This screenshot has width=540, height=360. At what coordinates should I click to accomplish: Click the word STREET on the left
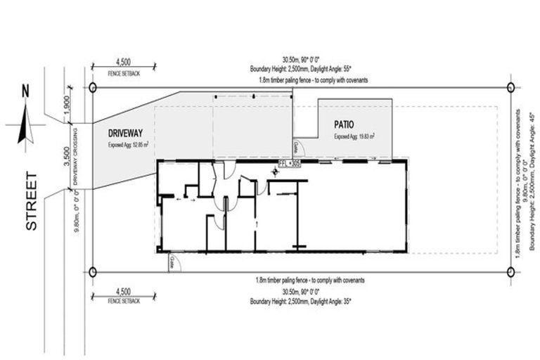pyautogui.click(x=31, y=209)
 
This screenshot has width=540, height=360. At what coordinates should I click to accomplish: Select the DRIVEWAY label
pyautogui.click(x=127, y=132)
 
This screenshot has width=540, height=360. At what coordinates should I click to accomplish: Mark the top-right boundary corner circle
pyautogui.click(x=510, y=86)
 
